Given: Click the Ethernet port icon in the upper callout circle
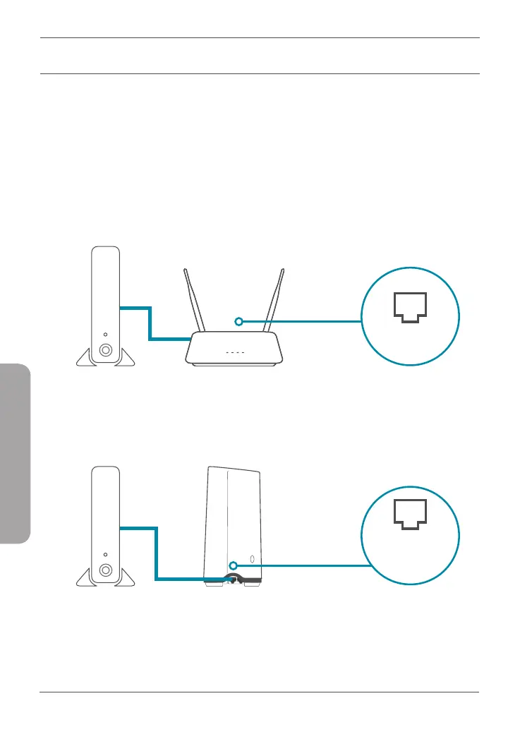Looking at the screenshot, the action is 409,309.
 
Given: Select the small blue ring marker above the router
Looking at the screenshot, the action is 239,322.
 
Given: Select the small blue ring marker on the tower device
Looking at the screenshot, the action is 233,564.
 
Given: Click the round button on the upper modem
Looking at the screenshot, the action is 105,349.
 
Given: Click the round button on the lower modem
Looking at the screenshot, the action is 105,570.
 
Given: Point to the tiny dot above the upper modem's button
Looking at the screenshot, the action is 105,335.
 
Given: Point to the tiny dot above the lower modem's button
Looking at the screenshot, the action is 105,555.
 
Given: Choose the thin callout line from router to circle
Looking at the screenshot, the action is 303,322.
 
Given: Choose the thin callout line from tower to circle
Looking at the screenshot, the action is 303,565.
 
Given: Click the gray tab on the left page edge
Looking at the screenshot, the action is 16,452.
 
